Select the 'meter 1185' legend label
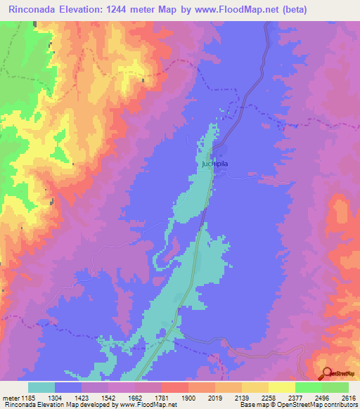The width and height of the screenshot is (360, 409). (18, 397)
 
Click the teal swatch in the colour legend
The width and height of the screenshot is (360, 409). (41, 387)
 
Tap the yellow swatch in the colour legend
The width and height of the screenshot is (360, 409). (255, 387)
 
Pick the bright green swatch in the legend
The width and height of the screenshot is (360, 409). (307, 387)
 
